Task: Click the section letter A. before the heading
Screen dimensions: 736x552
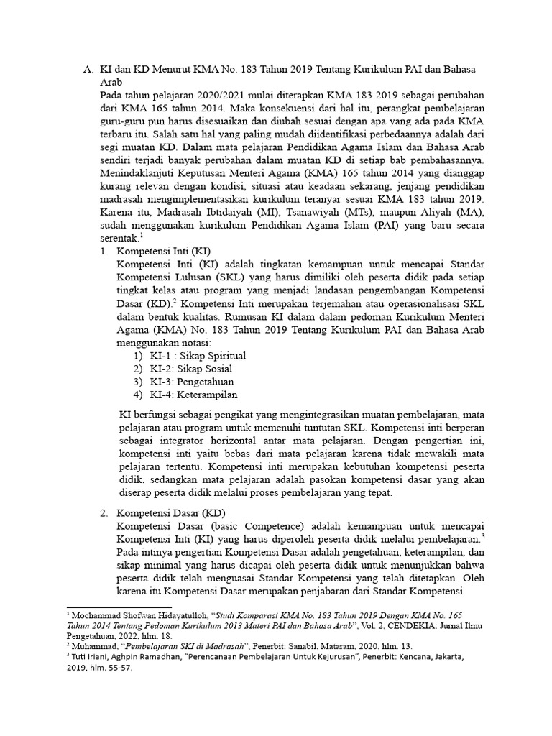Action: click(88, 69)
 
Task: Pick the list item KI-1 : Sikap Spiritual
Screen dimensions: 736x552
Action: click(198, 356)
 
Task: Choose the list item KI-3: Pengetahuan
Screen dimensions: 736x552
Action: click(191, 382)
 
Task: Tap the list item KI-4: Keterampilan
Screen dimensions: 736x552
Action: click(193, 395)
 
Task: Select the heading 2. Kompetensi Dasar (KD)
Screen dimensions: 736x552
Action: click(162, 512)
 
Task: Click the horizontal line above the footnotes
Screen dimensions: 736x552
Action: click(119, 607)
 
